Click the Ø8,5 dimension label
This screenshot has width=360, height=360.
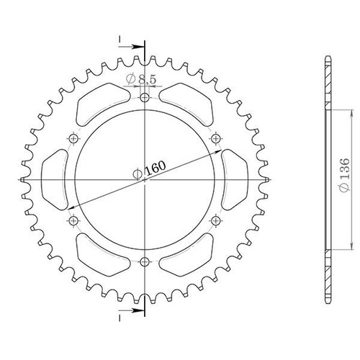[x=141, y=79]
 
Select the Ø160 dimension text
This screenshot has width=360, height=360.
[x=149, y=170]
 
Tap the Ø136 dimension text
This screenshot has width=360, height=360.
[x=345, y=175]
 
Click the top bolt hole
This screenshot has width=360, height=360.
[x=145, y=98]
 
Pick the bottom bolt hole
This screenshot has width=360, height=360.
[x=145, y=261]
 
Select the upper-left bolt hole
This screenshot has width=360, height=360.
[x=73, y=138]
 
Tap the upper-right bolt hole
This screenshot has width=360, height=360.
[x=215, y=138]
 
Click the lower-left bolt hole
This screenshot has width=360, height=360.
[x=73, y=220]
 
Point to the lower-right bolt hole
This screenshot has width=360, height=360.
[x=215, y=220]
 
